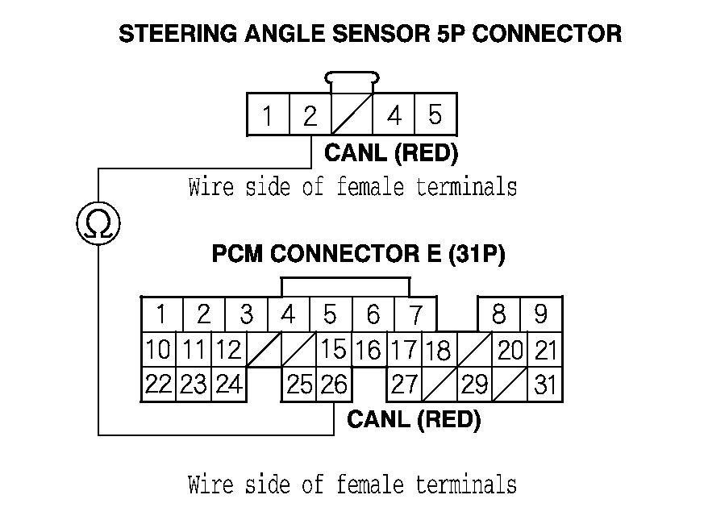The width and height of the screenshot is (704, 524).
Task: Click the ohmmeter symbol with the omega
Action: [98, 222]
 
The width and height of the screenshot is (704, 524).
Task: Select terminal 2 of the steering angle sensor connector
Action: [310, 115]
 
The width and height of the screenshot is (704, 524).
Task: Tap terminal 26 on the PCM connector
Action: [333, 385]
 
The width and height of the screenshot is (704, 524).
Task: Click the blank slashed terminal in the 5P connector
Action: [352, 115]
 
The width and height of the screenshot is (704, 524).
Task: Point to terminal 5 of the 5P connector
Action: [435, 115]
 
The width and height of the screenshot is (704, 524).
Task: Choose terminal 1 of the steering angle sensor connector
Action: [267, 115]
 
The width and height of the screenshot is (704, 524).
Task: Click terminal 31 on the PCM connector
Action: [546, 385]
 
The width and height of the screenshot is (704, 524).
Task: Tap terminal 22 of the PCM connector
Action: [159, 385]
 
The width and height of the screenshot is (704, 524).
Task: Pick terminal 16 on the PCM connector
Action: [368, 351]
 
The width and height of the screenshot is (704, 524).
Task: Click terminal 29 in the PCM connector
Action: [474, 385]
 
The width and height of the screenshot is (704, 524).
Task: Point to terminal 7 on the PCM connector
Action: [414, 314]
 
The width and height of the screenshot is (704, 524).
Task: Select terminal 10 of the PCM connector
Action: [159, 350]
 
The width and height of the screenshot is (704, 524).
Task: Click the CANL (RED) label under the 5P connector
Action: [390, 152]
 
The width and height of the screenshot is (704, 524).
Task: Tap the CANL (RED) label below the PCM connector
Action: [414, 420]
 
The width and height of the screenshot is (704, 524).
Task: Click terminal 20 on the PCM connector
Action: [510, 350]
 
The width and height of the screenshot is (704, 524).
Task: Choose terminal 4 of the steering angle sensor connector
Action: [394, 115]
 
